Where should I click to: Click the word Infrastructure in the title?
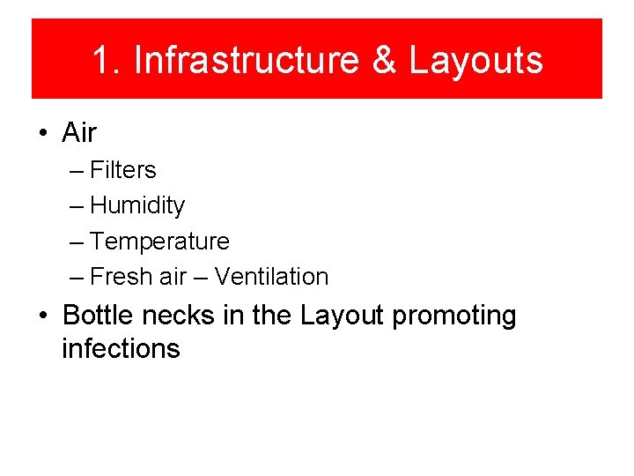coord(245,61)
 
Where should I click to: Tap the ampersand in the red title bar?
coord(383,61)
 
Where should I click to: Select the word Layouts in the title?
coord(475,61)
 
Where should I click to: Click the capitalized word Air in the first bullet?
coord(79,133)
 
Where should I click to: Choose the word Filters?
coord(123,170)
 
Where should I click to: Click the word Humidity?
coord(137,205)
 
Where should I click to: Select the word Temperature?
coord(159,241)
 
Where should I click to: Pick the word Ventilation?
coord(271,276)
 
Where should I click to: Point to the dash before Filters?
coord(77,171)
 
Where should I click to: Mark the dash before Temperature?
coord(77,242)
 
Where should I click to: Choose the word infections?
coord(121,348)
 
